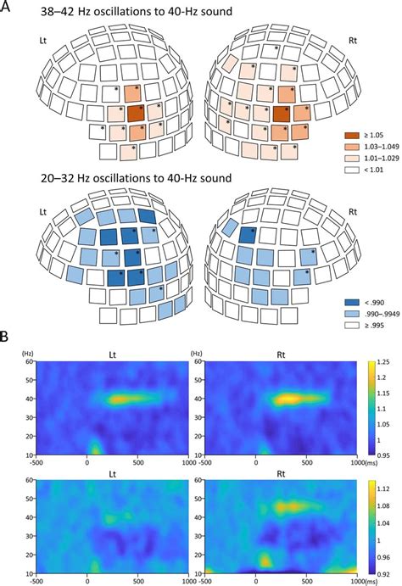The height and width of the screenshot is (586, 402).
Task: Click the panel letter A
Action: pos(7,8)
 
